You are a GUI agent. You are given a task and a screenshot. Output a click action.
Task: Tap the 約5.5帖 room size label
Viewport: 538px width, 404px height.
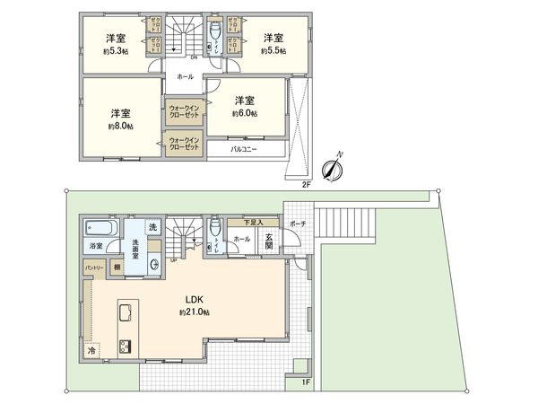(273, 51)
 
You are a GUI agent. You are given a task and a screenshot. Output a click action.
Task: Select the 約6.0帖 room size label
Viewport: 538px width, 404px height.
(245, 114)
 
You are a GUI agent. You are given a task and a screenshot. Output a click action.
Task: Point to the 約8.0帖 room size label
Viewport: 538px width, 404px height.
(121, 127)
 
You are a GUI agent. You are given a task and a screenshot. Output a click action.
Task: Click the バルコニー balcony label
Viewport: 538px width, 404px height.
(244, 150)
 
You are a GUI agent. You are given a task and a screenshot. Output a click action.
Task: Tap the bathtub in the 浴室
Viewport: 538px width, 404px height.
(95, 225)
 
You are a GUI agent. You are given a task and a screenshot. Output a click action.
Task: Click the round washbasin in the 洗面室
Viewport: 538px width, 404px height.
(156, 263)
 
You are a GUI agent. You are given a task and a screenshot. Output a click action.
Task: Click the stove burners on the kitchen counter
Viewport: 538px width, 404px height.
(125, 347)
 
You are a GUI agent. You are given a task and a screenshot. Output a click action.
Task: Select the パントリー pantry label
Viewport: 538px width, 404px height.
(94, 268)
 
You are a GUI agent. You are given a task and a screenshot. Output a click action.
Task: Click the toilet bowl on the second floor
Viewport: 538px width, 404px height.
(216, 32)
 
